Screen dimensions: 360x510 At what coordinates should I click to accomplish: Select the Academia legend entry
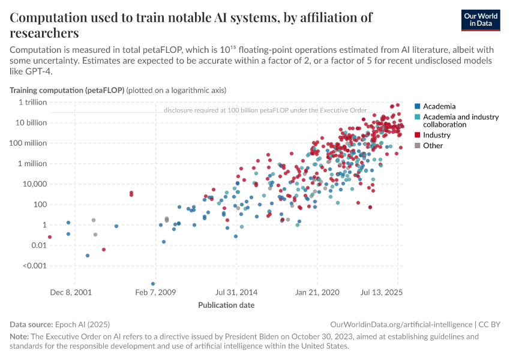click(x=439, y=106)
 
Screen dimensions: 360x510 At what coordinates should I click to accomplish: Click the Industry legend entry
click(x=436, y=135)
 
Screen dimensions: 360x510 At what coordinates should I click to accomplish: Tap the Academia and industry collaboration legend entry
click(x=460, y=121)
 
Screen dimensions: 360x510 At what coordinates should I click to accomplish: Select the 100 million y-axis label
click(x=28, y=143)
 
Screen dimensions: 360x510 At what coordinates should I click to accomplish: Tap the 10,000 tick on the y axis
click(x=33, y=184)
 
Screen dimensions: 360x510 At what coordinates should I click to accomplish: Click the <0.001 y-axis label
click(x=34, y=265)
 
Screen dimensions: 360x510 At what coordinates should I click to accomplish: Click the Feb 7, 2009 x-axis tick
click(x=155, y=293)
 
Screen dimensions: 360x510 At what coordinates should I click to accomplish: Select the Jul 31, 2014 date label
click(x=236, y=293)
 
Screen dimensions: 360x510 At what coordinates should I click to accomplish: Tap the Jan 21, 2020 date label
click(x=318, y=293)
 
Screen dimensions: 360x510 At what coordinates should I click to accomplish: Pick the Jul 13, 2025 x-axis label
click(x=382, y=293)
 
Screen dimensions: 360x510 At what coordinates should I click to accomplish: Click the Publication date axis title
click(x=226, y=305)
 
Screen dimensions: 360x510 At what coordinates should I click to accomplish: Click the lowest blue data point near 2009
click(x=153, y=284)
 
